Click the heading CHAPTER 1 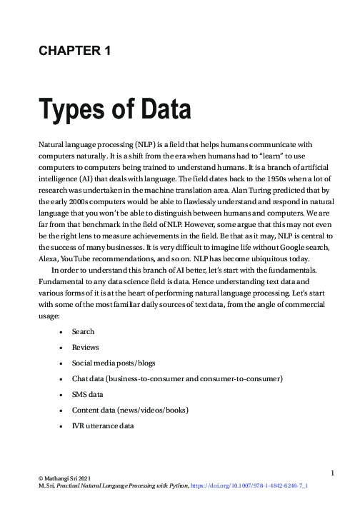pos(74,50)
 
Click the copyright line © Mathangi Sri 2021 pos(64,476)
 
